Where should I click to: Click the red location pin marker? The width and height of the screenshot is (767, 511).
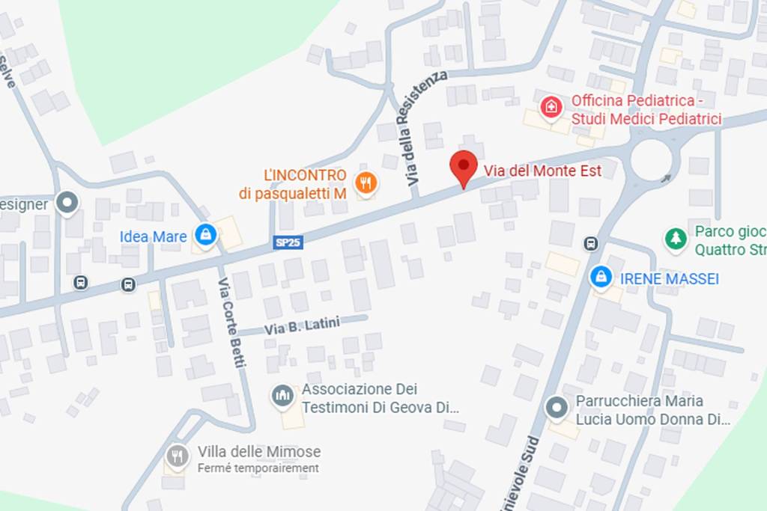click(x=464, y=166)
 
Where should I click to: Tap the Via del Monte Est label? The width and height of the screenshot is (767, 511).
click(x=542, y=171)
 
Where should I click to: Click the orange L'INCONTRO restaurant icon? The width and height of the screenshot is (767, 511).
click(x=366, y=183)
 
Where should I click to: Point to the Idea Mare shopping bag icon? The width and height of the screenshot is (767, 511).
click(x=204, y=236)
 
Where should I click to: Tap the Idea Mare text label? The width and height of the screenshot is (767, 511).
click(x=153, y=237)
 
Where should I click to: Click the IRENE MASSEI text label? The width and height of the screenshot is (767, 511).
click(x=670, y=279)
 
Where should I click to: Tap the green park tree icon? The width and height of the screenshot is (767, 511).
click(x=676, y=239)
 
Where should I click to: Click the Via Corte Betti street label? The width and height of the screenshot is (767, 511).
click(x=231, y=322)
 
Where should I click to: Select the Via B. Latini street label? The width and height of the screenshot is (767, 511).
click(x=302, y=325)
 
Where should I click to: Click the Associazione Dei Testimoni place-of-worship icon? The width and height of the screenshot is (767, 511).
click(x=282, y=396)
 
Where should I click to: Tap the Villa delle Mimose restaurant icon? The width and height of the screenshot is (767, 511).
click(x=178, y=455)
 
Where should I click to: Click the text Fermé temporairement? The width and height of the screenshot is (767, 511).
click(x=258, y=468)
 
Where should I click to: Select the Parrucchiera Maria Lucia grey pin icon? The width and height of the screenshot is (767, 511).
click(x=556, y=408)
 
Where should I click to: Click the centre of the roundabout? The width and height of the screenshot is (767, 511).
click(x=651, y=159)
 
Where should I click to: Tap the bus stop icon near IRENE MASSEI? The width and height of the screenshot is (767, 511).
click(x=591, y=244)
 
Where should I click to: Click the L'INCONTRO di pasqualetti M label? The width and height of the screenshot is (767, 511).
click(x=292, y=185)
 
